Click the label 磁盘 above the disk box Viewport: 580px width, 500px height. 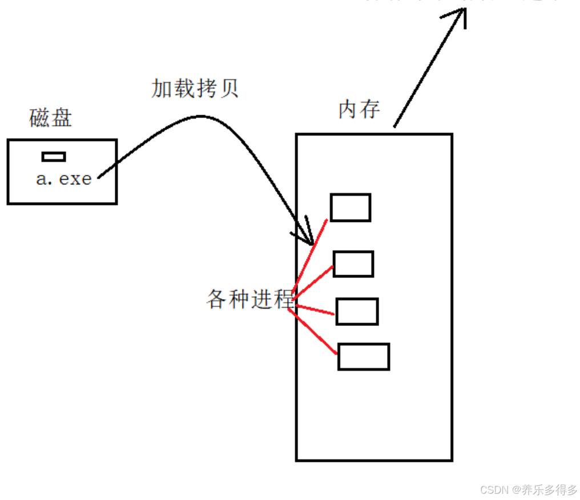50,118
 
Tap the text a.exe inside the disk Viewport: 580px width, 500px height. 63,179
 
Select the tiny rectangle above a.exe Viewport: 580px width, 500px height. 54,156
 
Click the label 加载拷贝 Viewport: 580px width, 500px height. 195,88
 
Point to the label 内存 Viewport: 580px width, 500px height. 359,109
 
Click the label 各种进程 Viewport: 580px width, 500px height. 250,299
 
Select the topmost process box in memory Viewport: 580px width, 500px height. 351,207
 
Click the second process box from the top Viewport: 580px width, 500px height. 353,264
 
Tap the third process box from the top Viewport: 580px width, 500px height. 357,312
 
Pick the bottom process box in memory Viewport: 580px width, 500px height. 364,357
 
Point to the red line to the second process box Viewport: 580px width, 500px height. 314,280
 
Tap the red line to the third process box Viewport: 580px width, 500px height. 315,309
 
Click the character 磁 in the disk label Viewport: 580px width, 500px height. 39,118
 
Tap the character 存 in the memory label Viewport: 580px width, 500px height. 370,109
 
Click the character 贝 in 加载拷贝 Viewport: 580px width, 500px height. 228,88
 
